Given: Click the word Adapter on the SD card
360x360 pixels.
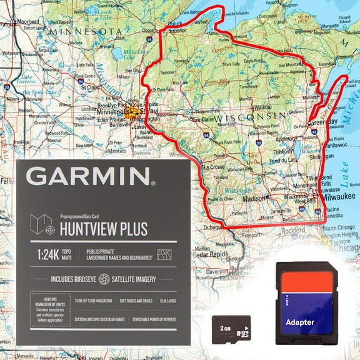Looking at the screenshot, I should click(x=300, y=322).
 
